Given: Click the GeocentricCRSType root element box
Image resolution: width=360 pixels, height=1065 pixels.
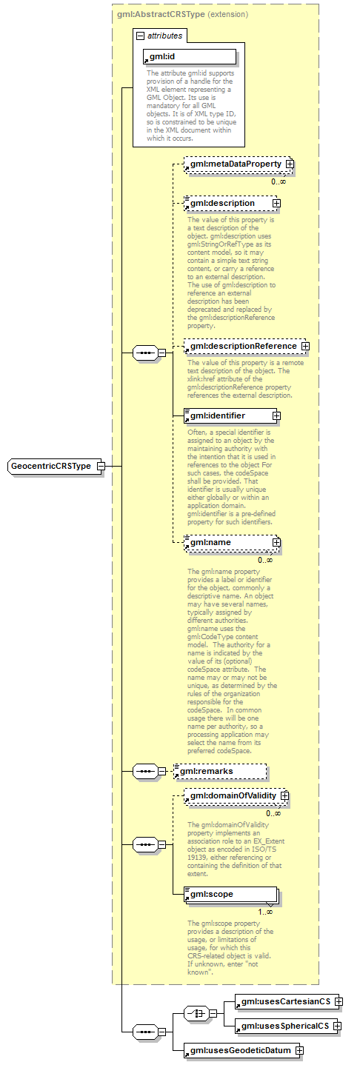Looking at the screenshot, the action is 52,466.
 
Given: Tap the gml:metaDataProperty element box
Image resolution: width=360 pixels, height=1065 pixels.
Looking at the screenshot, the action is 234,164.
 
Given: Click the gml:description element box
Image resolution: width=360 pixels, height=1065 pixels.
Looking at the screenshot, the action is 227,203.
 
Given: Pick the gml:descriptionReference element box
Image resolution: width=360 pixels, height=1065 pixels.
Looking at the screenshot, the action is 241,346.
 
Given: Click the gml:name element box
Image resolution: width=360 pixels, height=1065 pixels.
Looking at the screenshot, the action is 227,543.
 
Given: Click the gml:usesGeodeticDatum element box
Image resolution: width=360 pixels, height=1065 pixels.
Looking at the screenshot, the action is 240,1050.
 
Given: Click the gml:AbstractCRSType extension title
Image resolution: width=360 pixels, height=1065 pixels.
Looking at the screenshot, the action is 181,13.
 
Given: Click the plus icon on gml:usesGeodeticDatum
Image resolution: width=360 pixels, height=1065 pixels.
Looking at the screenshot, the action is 299,1050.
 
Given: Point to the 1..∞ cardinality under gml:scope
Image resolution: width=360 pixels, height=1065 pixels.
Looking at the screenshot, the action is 264,911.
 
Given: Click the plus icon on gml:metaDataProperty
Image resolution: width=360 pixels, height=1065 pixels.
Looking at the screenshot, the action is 290,164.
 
